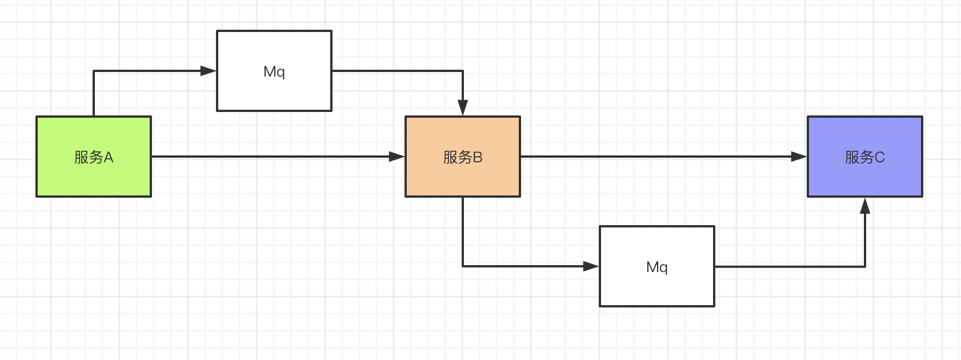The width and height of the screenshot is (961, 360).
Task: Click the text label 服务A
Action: click(x=94, y=157)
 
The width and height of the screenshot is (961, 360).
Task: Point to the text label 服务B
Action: click(x=463, y=157)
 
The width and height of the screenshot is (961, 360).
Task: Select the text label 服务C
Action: click(x=864, y=157)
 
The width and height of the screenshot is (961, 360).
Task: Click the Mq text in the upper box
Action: click(x=274, y=71)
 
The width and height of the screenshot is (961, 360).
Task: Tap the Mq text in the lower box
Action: click(x=657, y=267)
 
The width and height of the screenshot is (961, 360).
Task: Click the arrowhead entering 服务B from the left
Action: click(x=397, y=157)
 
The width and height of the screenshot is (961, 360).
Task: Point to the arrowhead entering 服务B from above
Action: click(x=463, y=108)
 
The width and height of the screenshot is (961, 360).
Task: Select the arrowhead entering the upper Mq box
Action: click(x=209, y=71)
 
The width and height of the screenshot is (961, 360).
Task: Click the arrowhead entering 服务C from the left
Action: click(x=799, y=157)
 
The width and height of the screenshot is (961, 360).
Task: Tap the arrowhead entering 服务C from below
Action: click(x=865, y=206)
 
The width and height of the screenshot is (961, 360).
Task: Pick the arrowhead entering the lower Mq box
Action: click(x=591, y=266)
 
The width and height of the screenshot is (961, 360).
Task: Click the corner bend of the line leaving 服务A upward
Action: click(x=94, y=71)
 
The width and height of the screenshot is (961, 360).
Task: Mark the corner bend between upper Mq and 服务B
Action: click(x=463, y=71)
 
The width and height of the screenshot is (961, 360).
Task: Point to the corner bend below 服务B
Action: click(x=463, y=266)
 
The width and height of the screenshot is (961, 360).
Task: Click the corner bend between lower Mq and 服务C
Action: click(x=865, y=266)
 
